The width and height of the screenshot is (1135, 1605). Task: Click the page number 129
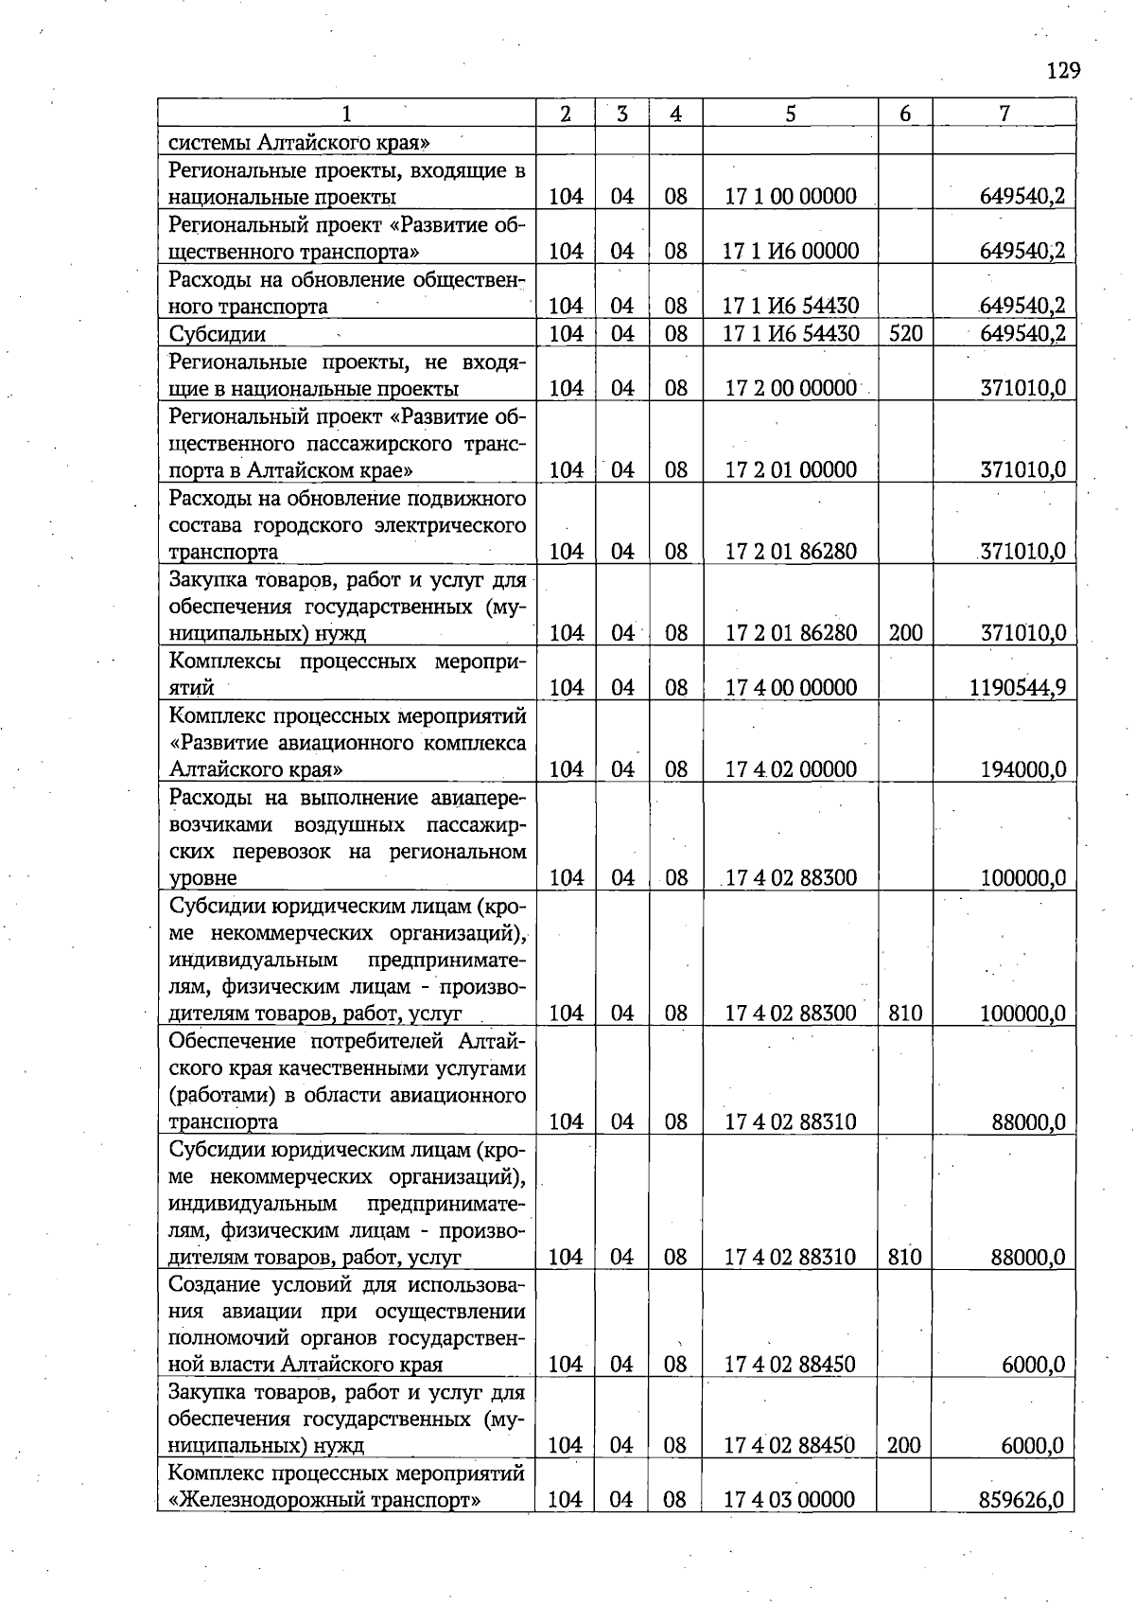[1063, 71]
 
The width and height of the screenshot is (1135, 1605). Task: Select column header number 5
[790, 114]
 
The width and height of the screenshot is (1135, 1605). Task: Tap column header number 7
[1004, 114]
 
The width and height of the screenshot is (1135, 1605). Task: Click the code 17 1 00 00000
[791, 197]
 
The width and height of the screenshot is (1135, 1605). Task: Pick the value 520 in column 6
[905, 333]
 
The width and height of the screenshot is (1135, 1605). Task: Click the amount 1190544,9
[1018, 687]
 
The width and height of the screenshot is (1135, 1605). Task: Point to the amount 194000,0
[1024, 769]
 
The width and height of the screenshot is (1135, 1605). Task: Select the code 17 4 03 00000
[790, 1499]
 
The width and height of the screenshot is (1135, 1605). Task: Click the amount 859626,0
[1021, 1499]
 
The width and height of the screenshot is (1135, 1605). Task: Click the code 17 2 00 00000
[791, 388]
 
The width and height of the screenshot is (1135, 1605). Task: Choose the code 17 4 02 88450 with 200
[790, 1445]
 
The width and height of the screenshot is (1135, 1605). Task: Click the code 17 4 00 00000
[791, 687]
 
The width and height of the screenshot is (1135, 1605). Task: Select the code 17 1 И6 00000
[791, 251]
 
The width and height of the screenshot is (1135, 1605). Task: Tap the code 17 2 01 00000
[791, 470]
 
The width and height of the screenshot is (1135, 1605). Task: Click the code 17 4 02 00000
[791, 769]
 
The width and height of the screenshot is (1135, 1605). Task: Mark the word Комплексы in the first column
[226, 661]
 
